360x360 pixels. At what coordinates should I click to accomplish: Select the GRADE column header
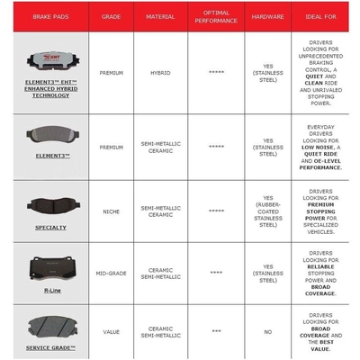[x=112, y=16]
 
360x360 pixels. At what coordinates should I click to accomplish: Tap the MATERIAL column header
[x=167, y=16]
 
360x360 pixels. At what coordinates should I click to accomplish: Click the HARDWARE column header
[x=267, y=16]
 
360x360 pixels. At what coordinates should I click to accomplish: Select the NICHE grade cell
[x=112, y=212]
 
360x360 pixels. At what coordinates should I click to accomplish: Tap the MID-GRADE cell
[x=112, y=271]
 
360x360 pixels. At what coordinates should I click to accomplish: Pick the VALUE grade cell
[x=112, y=331]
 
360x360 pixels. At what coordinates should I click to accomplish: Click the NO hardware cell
[x=267, y=331]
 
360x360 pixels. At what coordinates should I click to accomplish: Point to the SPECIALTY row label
[x=50, y=228]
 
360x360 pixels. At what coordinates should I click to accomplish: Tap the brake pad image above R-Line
[x=50, y=265]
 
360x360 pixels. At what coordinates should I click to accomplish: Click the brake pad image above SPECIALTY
[x=50, y=204]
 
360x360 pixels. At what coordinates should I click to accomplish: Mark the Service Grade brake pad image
[x=50, y=325]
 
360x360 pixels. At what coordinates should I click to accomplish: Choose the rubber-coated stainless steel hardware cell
[x=267, y=212]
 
